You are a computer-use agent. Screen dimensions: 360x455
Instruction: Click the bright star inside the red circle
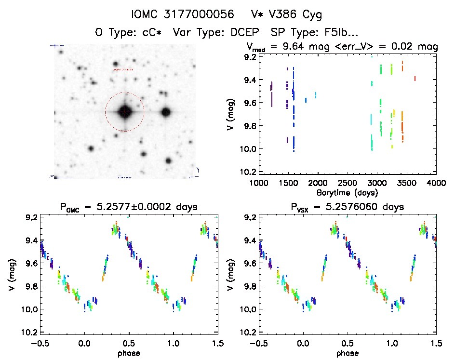click(124, 112)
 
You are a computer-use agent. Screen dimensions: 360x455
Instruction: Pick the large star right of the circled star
click(166, 112)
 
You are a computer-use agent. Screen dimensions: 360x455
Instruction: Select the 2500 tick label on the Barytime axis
click(348, 183)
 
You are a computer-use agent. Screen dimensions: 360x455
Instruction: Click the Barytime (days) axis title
click(348, 192)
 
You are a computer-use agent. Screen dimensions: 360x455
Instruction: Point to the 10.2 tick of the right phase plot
click(246, 332)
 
